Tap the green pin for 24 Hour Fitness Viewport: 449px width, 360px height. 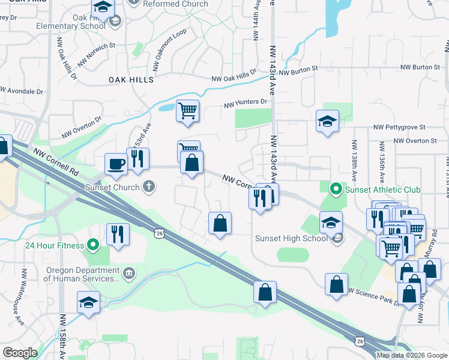[92, 245]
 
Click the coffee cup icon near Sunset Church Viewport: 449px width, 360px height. [116, 164]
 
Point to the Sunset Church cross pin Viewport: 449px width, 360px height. [149, 187]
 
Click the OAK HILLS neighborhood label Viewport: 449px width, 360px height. [131, 79]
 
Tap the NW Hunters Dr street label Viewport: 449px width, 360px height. [245, 103]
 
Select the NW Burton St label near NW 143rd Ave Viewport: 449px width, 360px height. [298, 71]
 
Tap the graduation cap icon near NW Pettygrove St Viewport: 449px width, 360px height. [327, 122]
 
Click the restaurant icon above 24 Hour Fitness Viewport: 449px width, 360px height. [117, 233]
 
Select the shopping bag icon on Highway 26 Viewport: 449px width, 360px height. [265, 293]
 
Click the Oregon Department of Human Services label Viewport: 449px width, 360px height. [82, 275]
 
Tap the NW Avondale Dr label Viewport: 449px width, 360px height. [23, 91]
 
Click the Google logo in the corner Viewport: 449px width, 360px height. [20, 352]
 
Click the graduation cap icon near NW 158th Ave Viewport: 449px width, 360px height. [88, 302]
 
